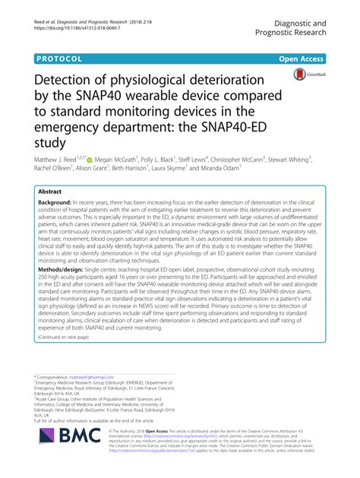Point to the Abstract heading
[50, 193]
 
